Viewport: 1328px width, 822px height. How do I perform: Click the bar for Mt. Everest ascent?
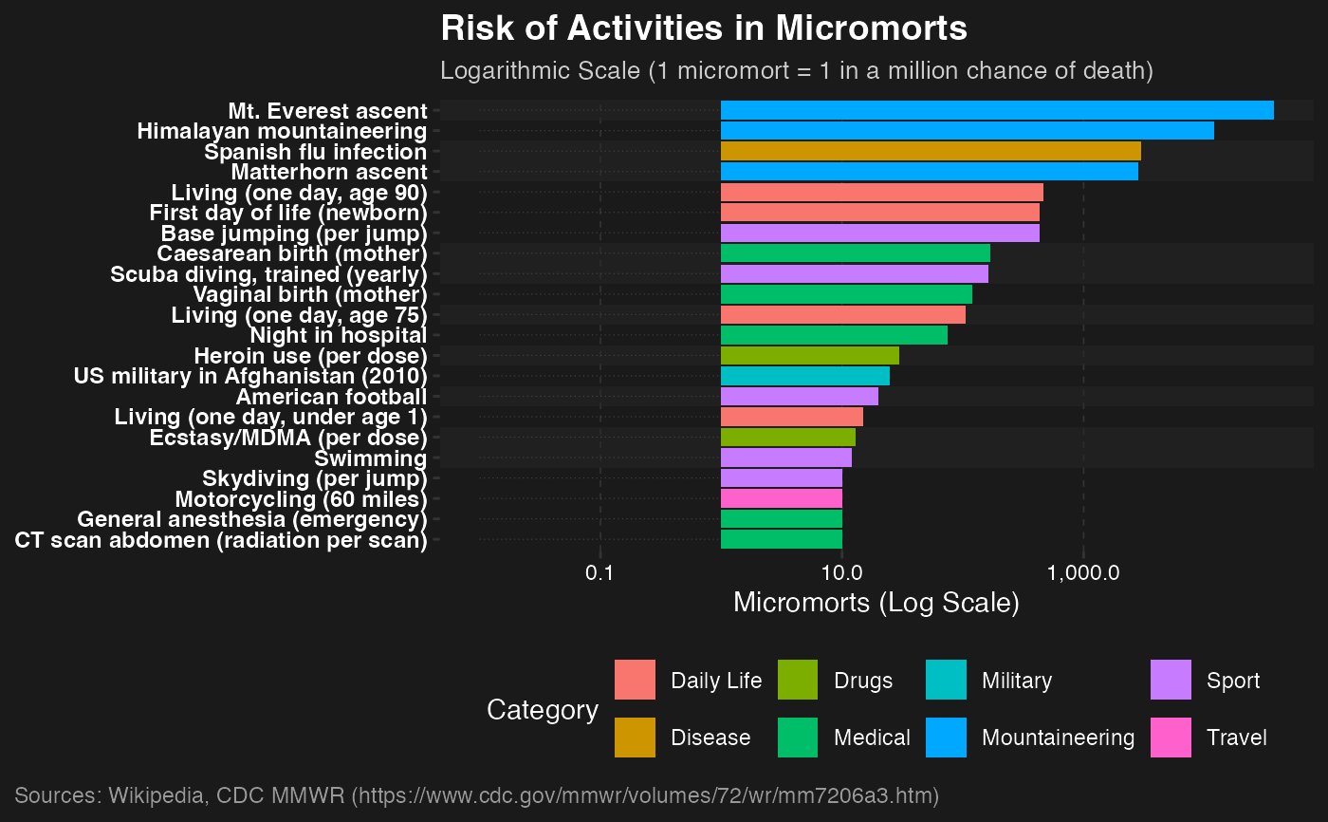(x=996, y=110)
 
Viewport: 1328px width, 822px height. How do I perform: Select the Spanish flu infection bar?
(x=930, y=152)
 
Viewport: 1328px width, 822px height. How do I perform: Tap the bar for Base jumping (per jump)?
(x=879, y=234)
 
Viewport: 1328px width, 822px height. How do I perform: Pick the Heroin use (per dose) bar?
(x=809, y=356)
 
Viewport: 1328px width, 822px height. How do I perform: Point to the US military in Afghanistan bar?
(x=804, y=377)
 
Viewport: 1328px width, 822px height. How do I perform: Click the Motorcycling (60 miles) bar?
(x=781, y=499)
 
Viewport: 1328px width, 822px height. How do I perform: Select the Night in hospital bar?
(x=834, y=335)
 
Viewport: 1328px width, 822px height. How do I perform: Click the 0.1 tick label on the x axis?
(x=599, y=573)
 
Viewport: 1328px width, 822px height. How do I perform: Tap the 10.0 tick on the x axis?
(x=841, y=573)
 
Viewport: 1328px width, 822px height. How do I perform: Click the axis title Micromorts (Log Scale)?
(x=876, y=604)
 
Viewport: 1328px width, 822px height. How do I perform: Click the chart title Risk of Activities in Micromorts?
(x=704, y=28)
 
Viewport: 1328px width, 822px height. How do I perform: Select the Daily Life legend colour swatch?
(x=635, y=681)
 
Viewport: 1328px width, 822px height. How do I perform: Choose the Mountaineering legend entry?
(x=1057, y=738)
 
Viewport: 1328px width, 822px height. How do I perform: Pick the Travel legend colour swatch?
(x=1171, y=738)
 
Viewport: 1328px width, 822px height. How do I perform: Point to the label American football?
(x=330, y=397)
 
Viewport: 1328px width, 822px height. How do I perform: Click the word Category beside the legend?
(x=542, y=710)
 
